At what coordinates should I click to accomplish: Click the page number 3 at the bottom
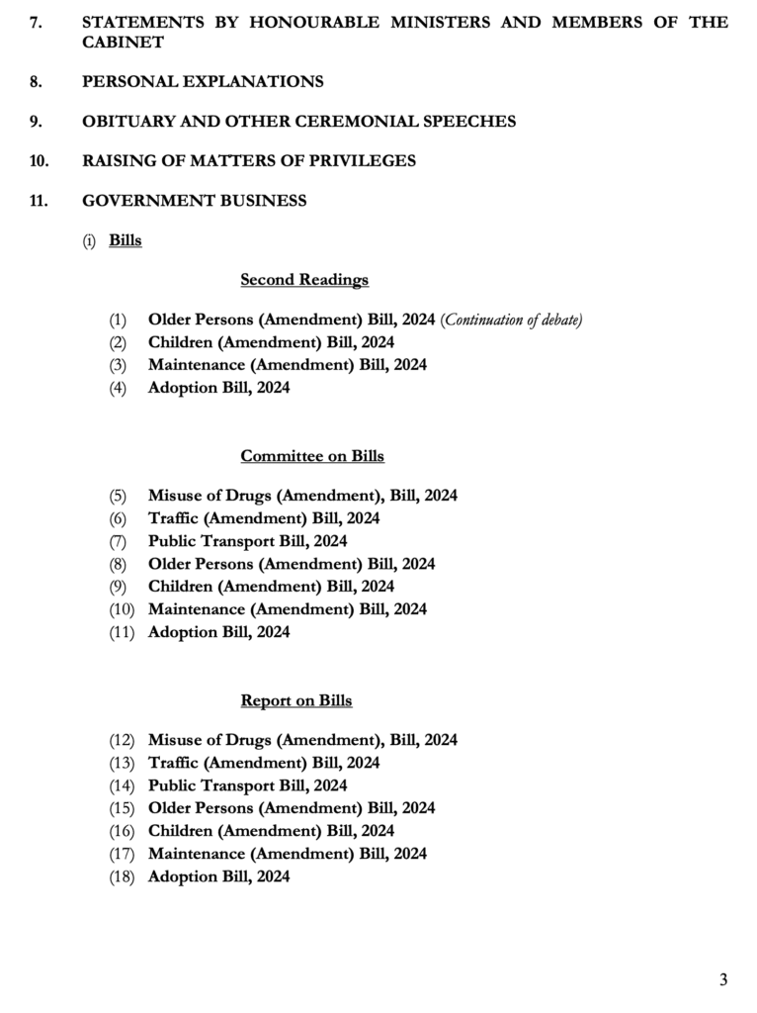[x=723, y=980]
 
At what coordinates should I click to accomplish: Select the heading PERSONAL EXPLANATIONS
[x=203, y=82]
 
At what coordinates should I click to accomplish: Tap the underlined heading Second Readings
[x=304, y=280]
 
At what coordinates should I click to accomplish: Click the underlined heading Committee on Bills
[x=312, y=456]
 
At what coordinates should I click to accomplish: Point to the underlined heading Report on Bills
[x=296, y=700]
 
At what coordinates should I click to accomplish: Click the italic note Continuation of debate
[x=512, y=320]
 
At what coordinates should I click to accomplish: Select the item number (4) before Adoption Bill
[x=119, y=388]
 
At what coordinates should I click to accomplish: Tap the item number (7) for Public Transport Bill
[x=119, y=541]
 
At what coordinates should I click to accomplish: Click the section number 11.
[x=39, y=201]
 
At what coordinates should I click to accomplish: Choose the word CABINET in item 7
[x=123, y=43]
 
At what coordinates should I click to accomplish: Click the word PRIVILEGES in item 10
[x=356, y=161]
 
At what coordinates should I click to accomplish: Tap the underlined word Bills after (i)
[x=126, y=240]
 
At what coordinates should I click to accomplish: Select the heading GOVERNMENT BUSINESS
[x=195, y=201]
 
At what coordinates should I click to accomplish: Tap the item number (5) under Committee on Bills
[x=119, y=496]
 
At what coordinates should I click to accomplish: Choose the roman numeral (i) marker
[x=89, y=240]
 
